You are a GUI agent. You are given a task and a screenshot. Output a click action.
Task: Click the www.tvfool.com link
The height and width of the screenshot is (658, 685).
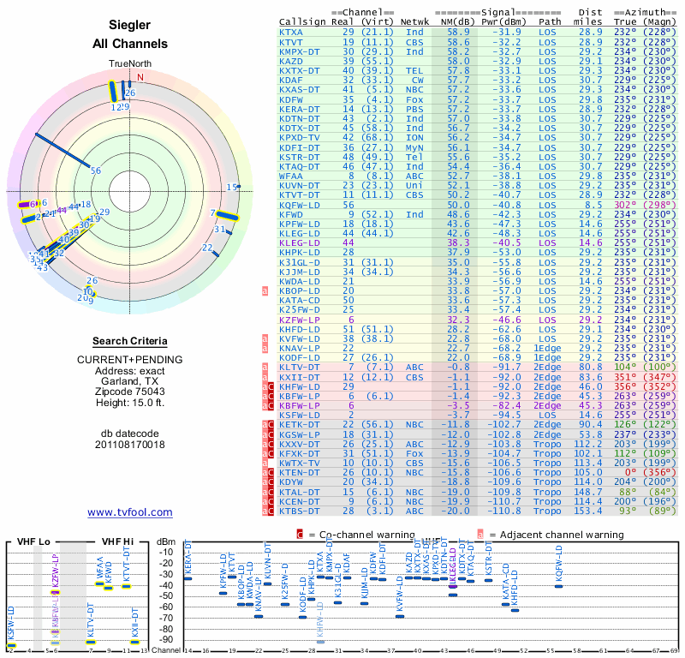129,512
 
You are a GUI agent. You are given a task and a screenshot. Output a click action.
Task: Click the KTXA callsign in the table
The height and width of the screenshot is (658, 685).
291,32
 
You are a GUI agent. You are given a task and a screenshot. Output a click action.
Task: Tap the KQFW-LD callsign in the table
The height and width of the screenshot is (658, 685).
297,205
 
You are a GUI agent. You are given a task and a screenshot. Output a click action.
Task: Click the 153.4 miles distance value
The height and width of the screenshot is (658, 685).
588,511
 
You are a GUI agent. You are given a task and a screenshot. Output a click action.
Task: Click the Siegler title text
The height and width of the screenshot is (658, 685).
130,26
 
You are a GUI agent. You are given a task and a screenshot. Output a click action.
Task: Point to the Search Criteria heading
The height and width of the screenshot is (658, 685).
130,340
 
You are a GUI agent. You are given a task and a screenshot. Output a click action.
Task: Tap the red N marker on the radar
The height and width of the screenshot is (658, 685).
140,77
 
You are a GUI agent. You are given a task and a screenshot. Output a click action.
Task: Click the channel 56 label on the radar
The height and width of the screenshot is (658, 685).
96,170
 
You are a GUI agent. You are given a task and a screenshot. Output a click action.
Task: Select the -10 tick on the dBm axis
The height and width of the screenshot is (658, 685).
166,552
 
